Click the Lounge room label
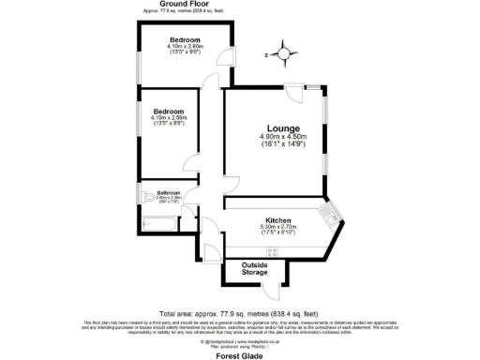click(x=282, y=128)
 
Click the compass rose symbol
click(x=284, y=54)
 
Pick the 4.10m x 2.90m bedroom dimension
click(x=184, y=47)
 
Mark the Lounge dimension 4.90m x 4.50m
click(x=282, y=138)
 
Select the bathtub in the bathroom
click(x=158, y=225)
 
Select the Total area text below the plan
click(x=238, y=313)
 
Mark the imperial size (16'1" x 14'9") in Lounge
click(x=282, y=145)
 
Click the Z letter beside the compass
click(x=266, y=55)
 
